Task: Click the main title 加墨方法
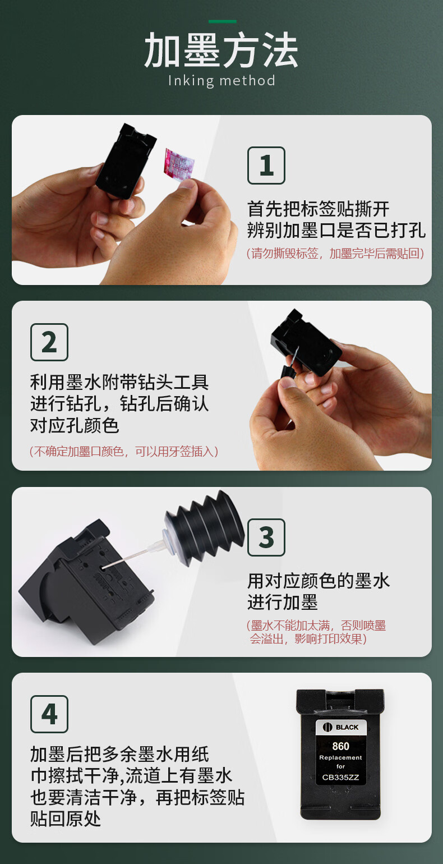click(221, 50)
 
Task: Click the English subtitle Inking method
click(221, 81)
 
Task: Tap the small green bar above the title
click(223, 21)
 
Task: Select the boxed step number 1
click(266, 166)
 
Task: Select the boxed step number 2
click(49, 342)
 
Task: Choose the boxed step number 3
click(266, 537)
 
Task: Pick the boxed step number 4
click(49, 714)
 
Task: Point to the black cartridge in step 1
click(125, 161)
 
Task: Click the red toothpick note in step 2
click(124, 451)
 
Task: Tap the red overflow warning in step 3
click(316, 632)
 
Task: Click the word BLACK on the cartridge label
click(347, 727)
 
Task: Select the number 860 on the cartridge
click(340, 746)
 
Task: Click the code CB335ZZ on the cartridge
click(340, 777)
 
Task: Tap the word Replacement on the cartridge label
click(340, 757)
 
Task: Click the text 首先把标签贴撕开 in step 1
click(318, 209)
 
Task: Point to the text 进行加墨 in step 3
click(283, 602)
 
